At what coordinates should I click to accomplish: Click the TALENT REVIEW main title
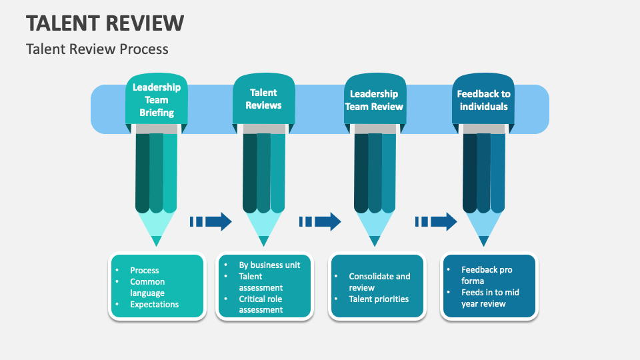click(x=105, y=23)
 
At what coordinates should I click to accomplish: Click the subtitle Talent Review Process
click(x=97, y=49)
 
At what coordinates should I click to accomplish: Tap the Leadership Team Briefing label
click(x=157, y=100)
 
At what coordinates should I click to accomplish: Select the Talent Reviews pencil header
click(x=263, y=99)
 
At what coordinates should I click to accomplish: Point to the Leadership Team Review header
click(x=374, y=100)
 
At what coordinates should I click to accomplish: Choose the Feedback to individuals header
click(x=483, y=100)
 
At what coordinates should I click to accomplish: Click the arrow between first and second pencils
click(x=211, y=221)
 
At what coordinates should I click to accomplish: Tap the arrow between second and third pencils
click(x=320, y=221)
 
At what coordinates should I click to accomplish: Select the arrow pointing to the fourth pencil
click(x=436, y=221)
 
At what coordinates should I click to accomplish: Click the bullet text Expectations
click(x=155, y=305)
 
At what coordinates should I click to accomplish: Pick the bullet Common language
click(x=147, y=287)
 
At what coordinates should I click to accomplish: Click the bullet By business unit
click(x=269, y=265)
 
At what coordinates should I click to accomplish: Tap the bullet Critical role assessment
click(x=261, y=304)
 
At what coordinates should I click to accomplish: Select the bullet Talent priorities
click(x=379, y=299)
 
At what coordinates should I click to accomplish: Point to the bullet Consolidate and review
click(x=379, y=282)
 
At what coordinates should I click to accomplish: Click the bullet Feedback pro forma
click(x=487, y=275)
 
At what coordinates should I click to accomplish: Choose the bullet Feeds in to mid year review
click(x=490, y=298)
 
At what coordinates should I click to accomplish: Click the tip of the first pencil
click(x=156, y=241)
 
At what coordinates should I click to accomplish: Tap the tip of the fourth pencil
click(x=483, y=241)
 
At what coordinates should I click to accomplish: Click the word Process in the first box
click(x=145, y=270)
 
